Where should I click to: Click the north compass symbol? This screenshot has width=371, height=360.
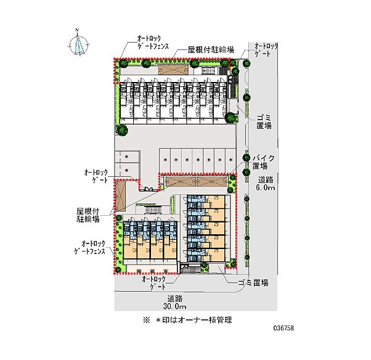[79, 44]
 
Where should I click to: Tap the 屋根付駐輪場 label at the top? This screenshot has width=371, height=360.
[211, 49]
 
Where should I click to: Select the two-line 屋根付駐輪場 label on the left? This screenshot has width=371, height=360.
[88, 215]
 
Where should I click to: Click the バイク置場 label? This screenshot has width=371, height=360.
[263, 162]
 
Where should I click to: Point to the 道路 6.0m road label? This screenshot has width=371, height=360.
[266, 184]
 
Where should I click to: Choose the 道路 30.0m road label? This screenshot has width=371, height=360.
[174, 303]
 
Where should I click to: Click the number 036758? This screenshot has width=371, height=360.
[283, 328]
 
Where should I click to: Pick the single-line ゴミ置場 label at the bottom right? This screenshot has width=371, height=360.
[253, 282]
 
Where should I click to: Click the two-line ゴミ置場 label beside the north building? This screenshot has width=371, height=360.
[264, 121]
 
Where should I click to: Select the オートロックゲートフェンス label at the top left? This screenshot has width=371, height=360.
[153, 42]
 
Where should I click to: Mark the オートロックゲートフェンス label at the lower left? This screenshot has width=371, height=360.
[90, 247]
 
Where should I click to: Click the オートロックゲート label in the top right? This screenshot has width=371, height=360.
[266, 50]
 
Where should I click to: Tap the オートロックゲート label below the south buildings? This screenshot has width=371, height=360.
[154, 283]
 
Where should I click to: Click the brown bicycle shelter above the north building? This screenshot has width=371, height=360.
[173, 70]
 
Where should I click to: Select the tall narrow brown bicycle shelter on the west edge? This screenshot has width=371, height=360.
[120, 196]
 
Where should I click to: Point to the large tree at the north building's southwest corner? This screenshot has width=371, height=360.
[121, 130]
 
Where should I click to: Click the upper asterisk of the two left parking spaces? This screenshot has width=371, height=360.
[126, 157]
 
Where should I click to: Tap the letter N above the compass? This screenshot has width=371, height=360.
[77, 30]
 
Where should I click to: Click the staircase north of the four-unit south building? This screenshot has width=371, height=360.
[153, 210]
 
